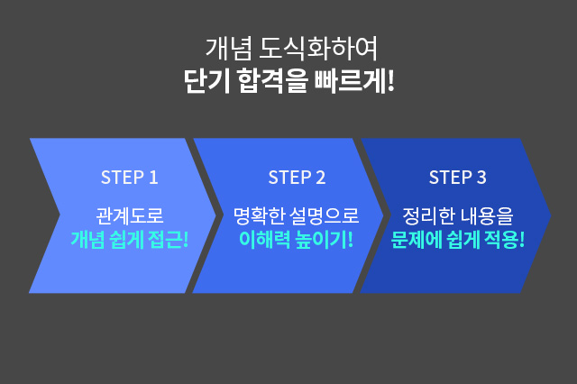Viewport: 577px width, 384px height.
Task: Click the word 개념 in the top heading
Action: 229,49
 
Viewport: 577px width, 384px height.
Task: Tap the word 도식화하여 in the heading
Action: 318,49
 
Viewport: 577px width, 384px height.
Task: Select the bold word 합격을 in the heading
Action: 272,80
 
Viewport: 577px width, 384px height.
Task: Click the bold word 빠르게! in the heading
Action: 354,80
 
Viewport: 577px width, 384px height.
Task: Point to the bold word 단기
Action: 206,80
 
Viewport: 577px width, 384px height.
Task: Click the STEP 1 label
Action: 130,178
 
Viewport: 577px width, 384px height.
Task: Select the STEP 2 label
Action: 297,178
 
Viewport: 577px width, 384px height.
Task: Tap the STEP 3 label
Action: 457,178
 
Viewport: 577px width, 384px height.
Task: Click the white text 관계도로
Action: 130,215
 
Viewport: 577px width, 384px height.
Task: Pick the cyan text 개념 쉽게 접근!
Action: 130,240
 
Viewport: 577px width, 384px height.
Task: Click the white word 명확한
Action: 260,215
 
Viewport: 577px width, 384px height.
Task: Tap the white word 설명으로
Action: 325,215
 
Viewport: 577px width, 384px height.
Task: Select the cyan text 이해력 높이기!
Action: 297,240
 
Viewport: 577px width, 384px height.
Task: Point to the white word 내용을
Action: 487,215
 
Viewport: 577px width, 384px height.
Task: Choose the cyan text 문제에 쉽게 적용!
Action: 457,240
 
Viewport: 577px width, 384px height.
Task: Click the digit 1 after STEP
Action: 154,178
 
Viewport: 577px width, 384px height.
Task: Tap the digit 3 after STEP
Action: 481,178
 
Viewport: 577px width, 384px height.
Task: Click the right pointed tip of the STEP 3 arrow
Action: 551,215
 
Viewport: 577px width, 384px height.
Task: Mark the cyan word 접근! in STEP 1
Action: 169,240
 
